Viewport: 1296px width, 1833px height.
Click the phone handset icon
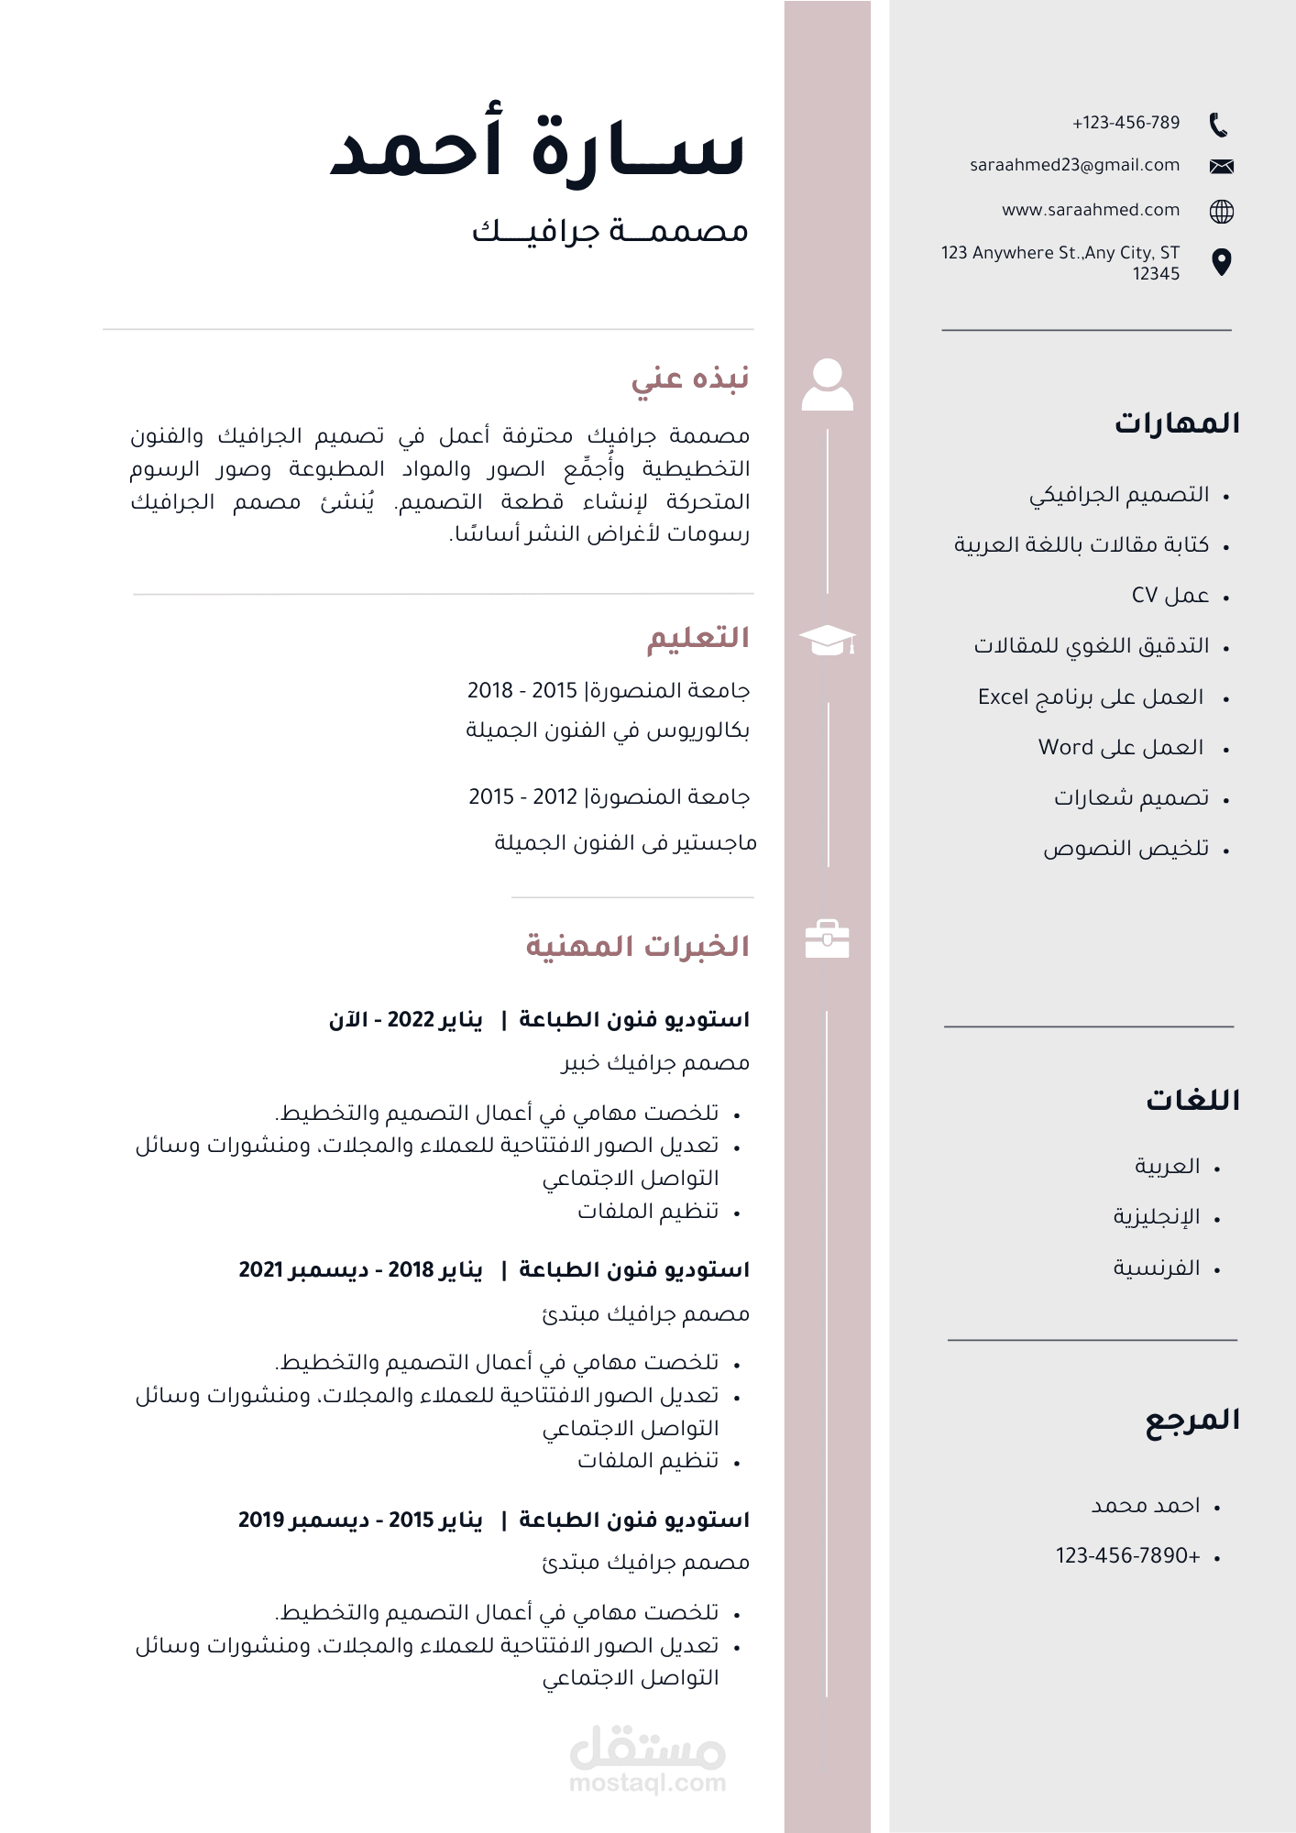(1218, 125)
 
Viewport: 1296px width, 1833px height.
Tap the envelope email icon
(1221, 166)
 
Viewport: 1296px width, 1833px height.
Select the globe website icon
(1221, 212)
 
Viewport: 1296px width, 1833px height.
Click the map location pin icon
(1221, 262)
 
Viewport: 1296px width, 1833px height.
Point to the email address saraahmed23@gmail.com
(1074, 165)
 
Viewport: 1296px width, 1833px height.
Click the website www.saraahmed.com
(1090, 210)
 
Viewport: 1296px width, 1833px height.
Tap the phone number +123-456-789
(1126, 123)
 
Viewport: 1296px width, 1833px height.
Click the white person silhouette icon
(827, 384)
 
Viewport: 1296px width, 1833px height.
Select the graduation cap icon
(827, 640)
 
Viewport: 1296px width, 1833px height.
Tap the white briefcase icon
(827, 938)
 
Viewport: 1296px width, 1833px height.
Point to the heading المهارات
(1177, 423)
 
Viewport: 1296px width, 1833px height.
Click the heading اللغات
(1192, 1100)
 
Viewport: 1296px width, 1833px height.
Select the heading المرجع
(1192, 1420)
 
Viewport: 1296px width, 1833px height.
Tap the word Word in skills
(1065, 747)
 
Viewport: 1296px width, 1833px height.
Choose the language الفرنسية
(1156, 1268)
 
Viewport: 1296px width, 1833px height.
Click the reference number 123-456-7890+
(1127, 1555)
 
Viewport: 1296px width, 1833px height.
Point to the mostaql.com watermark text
(647, 1783)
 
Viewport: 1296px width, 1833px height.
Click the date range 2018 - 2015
(522, 690)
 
